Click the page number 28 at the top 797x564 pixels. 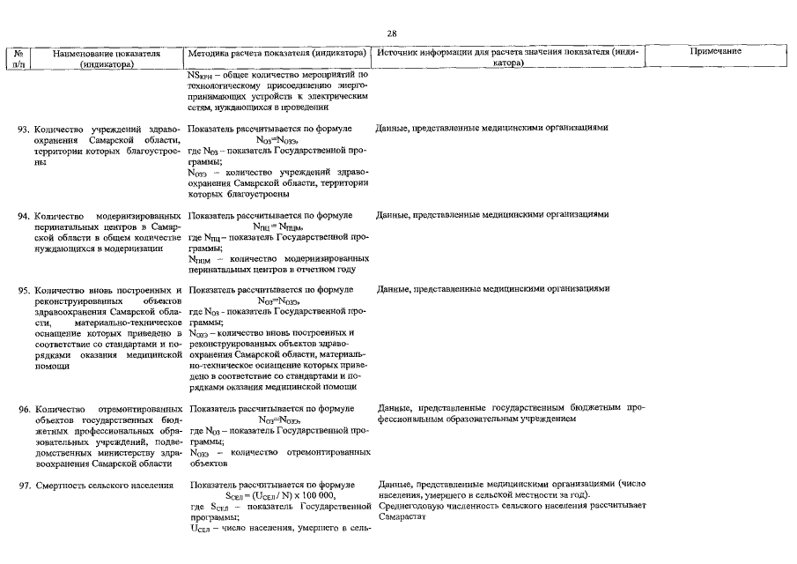coord(392,33)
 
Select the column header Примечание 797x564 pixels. coord(714,53)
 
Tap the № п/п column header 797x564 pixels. coord(18,59)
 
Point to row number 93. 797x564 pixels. coord(25,129)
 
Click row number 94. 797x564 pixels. coord(25,215)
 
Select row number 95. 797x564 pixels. coord(25,290)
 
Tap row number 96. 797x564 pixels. coord(25,410)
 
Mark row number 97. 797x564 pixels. coord(25,486)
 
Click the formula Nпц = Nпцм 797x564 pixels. coord(277,226)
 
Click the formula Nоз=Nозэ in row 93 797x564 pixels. coord(277,140)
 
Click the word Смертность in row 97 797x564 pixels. coord(60,486)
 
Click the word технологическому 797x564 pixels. coord(226,86)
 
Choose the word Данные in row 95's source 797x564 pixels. coord(393,290)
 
